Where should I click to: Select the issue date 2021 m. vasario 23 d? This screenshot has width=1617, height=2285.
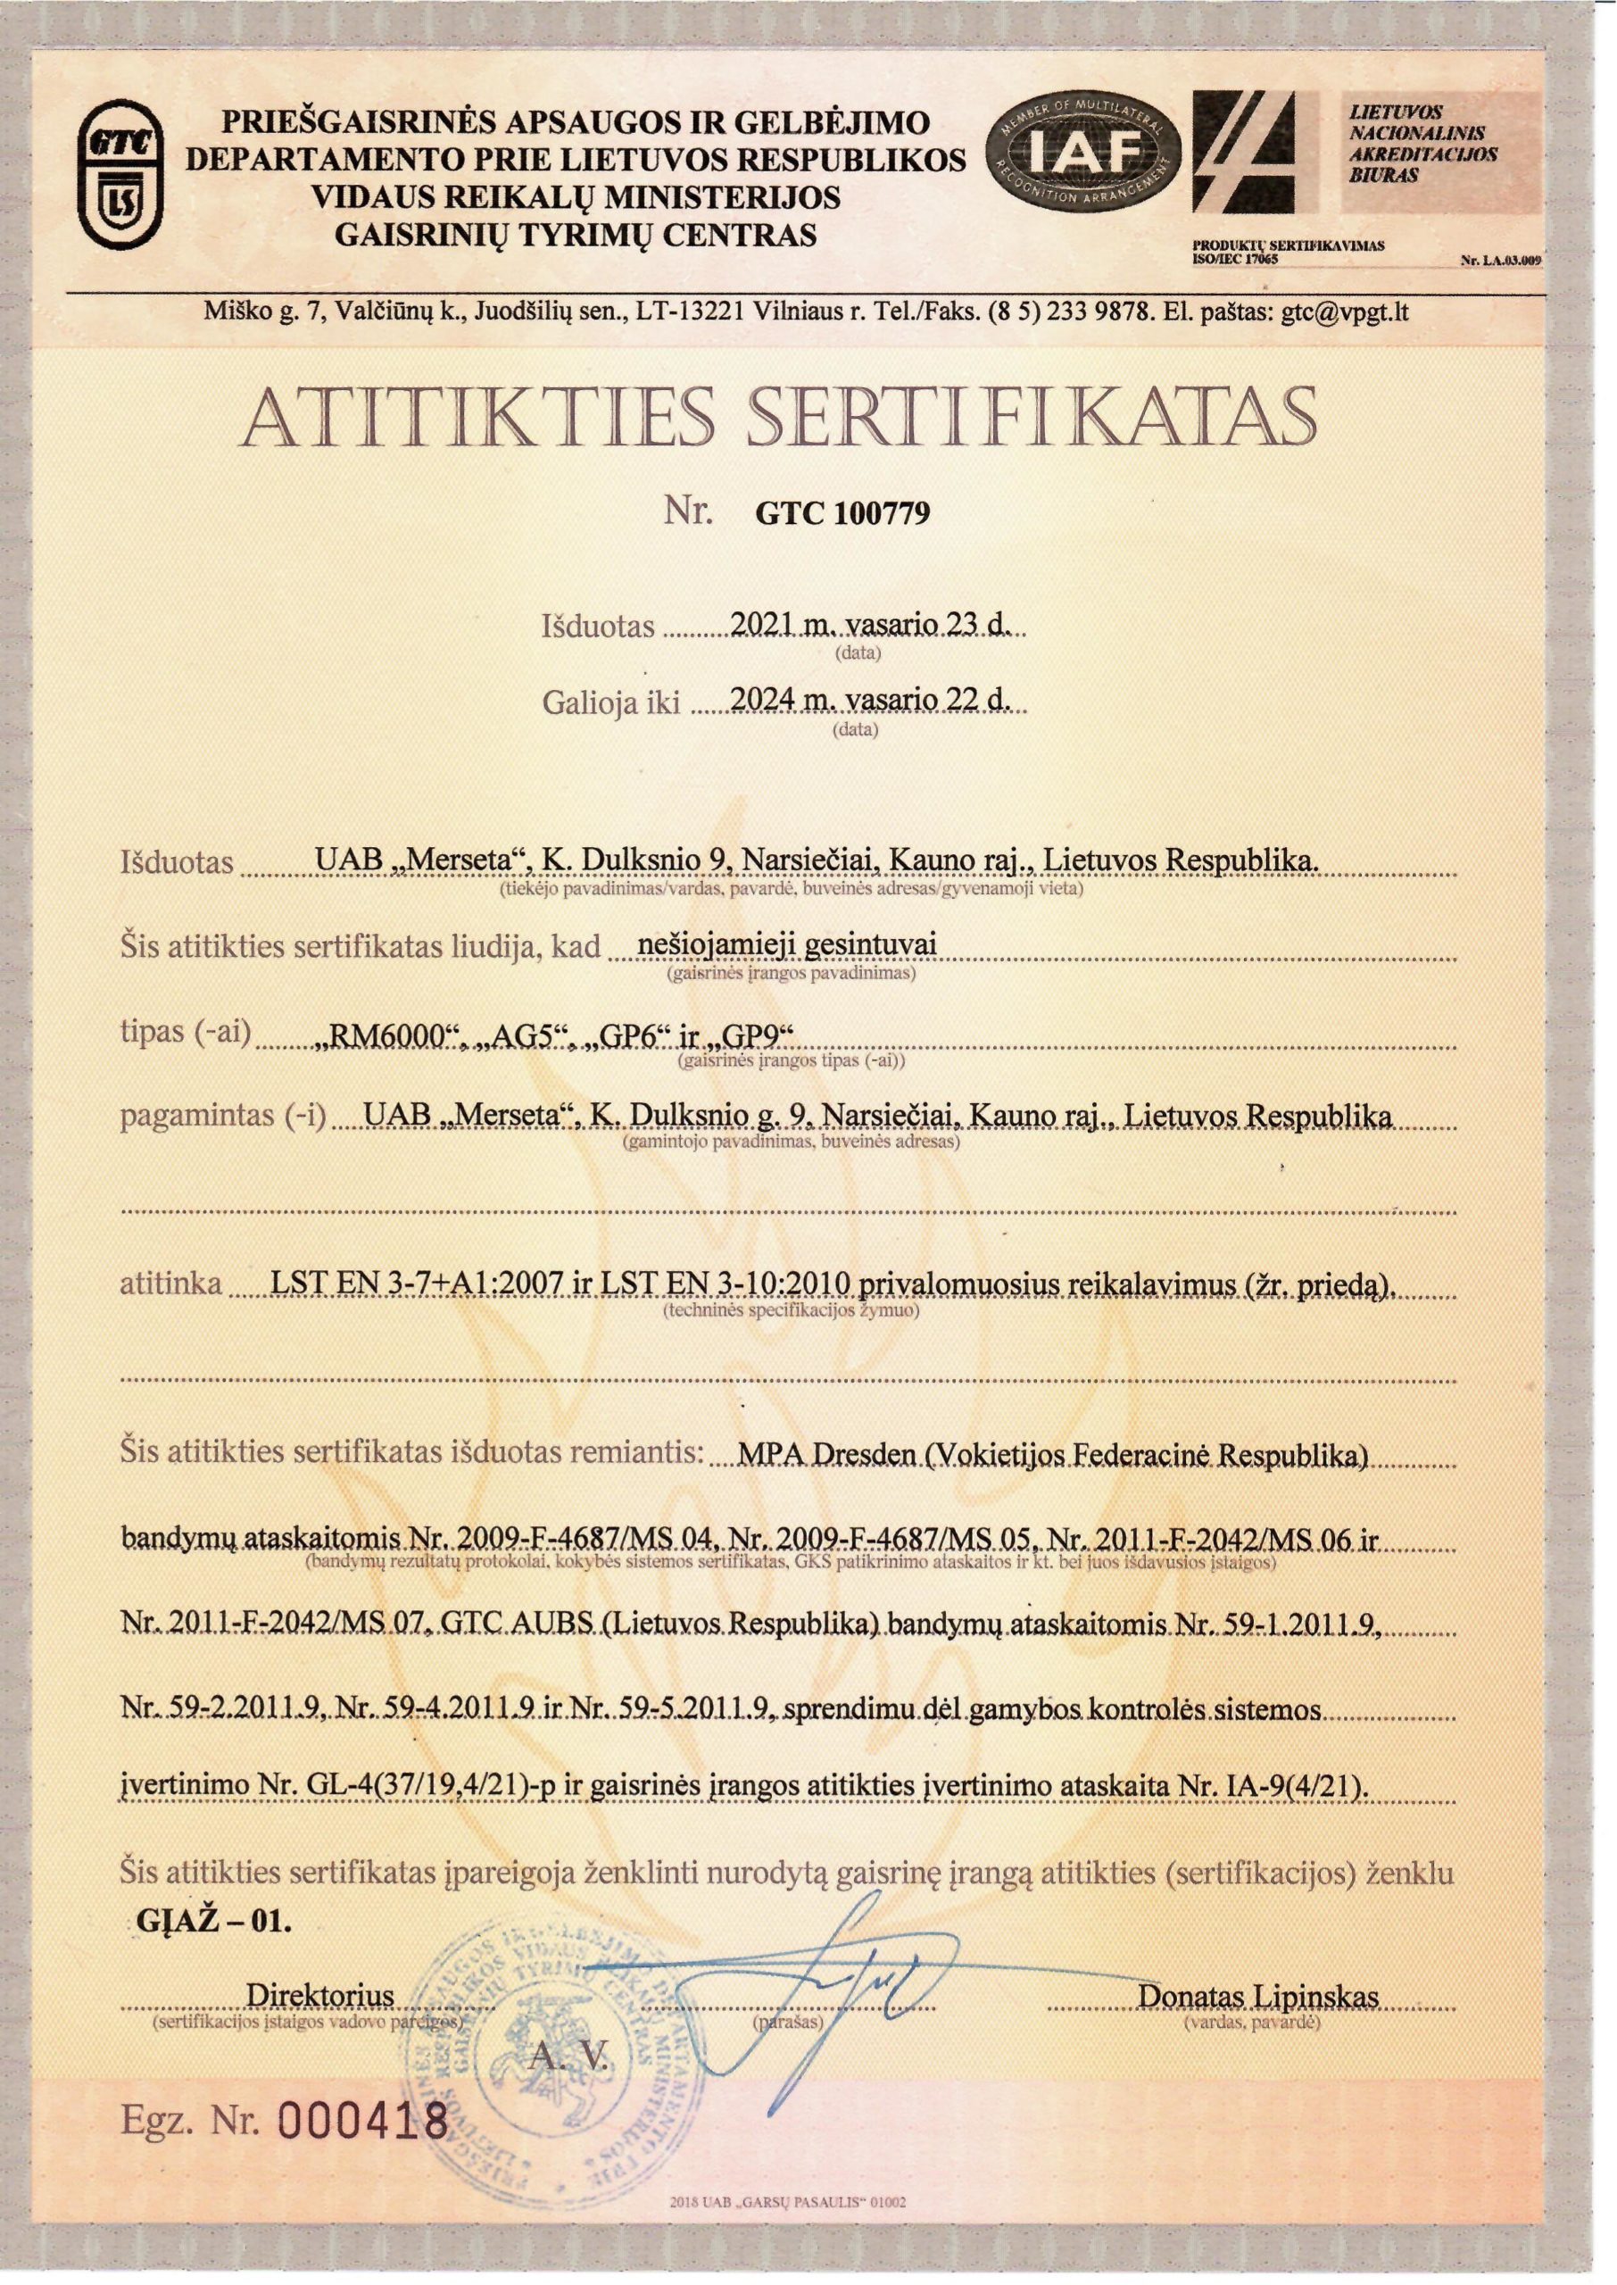point(869,624)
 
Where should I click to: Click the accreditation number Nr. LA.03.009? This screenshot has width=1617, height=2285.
point(1499,262)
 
